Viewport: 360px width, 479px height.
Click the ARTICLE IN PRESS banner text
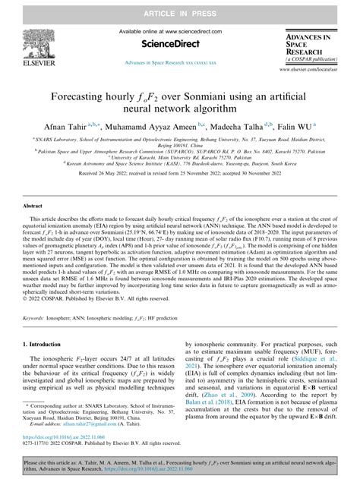[x=180, y=7]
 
